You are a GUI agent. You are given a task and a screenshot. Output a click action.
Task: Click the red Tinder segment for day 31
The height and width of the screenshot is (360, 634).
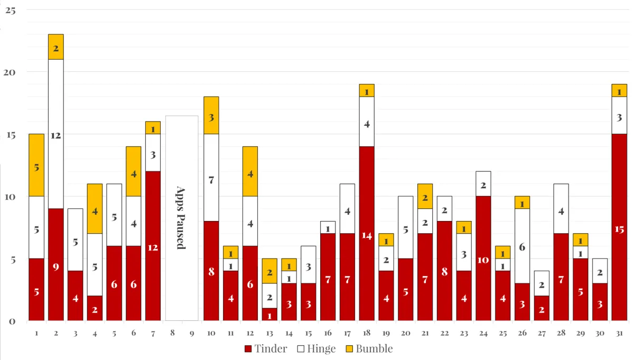pyautogui.click(x=619, y=227)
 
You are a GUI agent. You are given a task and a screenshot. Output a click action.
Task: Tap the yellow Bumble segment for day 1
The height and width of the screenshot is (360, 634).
pyautogui.click(x=36, y=165)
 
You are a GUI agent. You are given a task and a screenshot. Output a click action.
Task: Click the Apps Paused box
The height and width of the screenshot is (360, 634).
pyautogui.click(x=182, y=218)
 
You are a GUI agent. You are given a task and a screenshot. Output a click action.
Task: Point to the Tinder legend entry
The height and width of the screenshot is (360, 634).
pyautogui.click(x=266, y=348)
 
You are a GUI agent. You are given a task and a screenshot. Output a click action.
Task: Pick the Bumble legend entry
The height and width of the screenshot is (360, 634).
pyautogui.click(x=369, y=348)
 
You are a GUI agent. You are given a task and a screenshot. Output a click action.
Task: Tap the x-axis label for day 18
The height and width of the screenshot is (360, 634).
pyautogui.click(x=367, y=333)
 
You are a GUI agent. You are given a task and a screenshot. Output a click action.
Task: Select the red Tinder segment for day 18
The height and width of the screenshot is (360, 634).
pyautogui.click(x=367, y=233)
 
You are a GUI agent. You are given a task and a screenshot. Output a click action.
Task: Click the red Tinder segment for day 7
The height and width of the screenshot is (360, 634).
pyautogui.click(x=153, y=246)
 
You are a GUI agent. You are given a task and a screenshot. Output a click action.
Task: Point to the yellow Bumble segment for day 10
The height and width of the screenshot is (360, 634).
pyautogui.click(x=211, y=115)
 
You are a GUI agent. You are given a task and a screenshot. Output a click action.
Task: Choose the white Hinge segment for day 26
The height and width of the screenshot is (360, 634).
pyautogui.click(x=522, y=246)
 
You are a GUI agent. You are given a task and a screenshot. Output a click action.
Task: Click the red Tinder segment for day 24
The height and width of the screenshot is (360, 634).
pyautogui.click(x=483, y=258)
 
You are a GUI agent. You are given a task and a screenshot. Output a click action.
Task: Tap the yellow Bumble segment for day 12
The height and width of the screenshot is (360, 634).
pyautogui.click(x=250, y=171)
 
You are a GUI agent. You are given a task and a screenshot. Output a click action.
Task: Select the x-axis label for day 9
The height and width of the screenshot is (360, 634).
pyautogui.click(x=192, y=333)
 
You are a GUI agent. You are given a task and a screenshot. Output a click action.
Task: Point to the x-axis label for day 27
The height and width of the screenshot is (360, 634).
pyautogui.click(x=542, y=333)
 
